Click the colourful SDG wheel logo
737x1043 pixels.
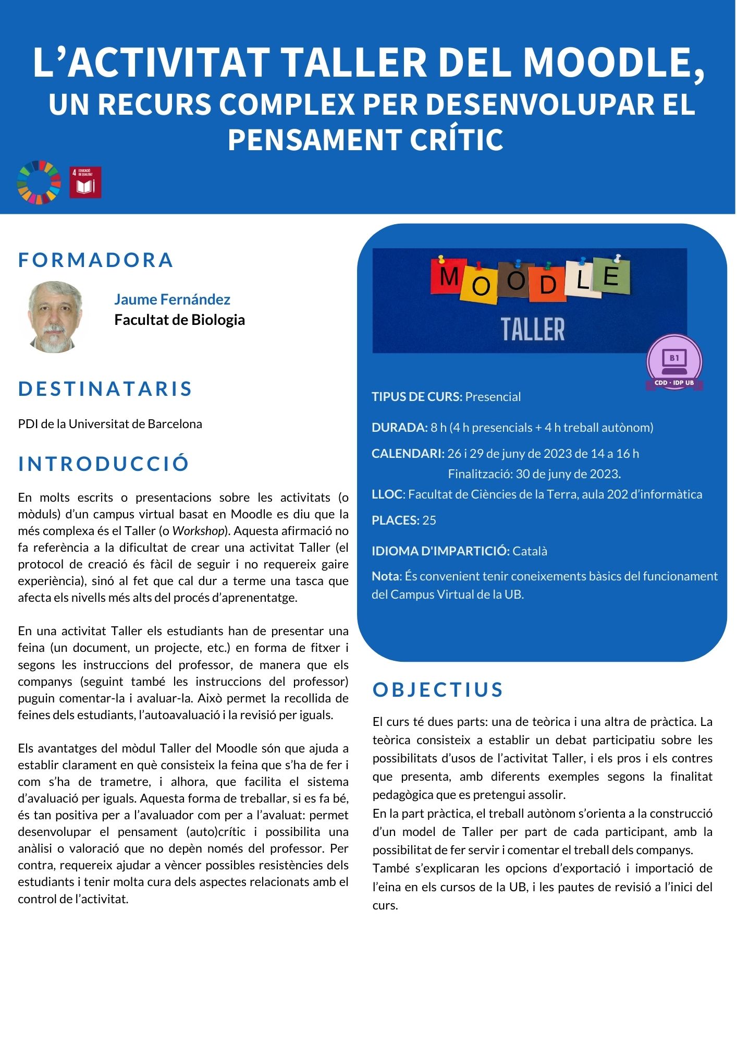(x=39, y=183)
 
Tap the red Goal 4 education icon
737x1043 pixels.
(x=85, y=183)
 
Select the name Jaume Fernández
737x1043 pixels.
(x=172, y=299)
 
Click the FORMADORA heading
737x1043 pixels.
(x=96, y=260)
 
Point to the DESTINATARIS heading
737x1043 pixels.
(x=105, y=389)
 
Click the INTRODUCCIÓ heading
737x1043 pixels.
(x=104, y=464)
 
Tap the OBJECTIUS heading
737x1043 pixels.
(x=438, y=689)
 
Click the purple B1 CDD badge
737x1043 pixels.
(x=674, y=362)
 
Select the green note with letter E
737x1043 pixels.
(x=612, y=275)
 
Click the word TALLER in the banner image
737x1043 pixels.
(x=533, y=329)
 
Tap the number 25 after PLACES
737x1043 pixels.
(x=429, y=520)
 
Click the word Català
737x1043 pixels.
(x=530, y=551)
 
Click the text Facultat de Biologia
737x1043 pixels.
(x=179, y=320)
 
